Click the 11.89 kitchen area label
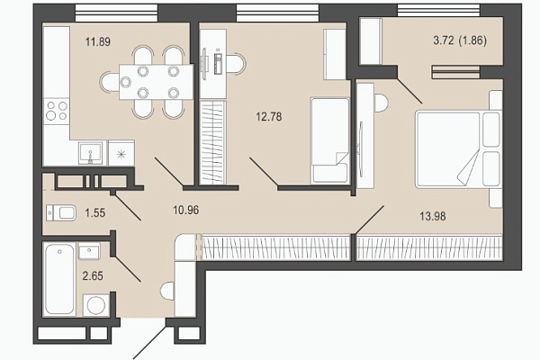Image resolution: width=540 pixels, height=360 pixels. [x=98, y=42]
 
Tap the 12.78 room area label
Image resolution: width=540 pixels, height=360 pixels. [x=269, y=117]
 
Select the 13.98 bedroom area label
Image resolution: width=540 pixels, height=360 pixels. [x=433, y=216]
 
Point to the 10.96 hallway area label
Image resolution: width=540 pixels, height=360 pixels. [x=186, y=210]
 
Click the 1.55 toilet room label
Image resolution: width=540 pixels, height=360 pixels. [x=95, y=213]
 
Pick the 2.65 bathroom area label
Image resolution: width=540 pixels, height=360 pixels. [x=93, y=276]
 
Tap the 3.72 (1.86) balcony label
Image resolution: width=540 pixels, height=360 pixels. [x=460, y=40]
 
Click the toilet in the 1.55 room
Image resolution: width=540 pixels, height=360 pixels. [x=61, y=212]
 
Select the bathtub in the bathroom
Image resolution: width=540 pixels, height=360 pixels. [x=60, y=279]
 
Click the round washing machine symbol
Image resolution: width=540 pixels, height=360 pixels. [x=96, y=305]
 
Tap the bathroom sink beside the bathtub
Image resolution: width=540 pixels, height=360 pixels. [x=89, y=251]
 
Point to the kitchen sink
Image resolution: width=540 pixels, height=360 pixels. [x=90, y=153]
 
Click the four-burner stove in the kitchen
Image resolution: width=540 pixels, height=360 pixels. [x=57, y=111]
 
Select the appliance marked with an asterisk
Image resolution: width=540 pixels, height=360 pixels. [x=121, y=153]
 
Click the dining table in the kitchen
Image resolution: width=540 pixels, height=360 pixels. [x=156, y=82]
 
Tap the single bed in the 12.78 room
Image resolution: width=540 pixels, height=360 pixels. [x=330, y=140]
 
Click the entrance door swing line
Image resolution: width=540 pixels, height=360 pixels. [x=150, y=342]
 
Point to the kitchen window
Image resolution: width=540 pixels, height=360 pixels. [x=117, y=13]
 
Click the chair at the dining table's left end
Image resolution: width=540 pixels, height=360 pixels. [x=110, y=83]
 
